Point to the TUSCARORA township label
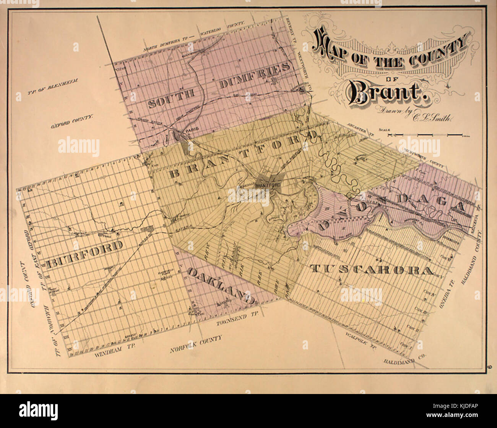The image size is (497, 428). coord(372,270)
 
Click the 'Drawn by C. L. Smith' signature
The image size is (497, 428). coord(415,115)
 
